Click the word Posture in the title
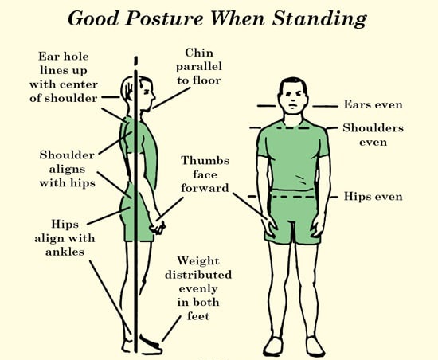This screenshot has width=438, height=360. point(164,19)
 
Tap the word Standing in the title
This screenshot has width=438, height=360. point(319,20)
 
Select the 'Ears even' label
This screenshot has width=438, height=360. point(373,104)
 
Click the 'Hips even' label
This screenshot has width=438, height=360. point(373,197)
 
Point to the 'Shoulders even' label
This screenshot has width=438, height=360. point(373,135)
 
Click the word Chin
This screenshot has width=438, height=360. point(199,53)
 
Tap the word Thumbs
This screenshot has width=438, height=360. point(205,161)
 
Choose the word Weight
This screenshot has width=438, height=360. point(198,260)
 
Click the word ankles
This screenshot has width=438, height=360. point(65,252)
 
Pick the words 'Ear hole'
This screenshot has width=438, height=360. point(64,57)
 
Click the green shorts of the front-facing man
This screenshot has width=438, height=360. point(292,216)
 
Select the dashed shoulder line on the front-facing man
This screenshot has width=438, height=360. point(293,128)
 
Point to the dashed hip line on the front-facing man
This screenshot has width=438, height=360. point(293,197)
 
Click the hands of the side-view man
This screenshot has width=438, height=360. point(157,225)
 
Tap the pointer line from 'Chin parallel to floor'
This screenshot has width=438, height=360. point(171,98)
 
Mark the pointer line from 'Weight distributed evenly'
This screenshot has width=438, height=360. point(171,328)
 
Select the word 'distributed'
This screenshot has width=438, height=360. point(198,275)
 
